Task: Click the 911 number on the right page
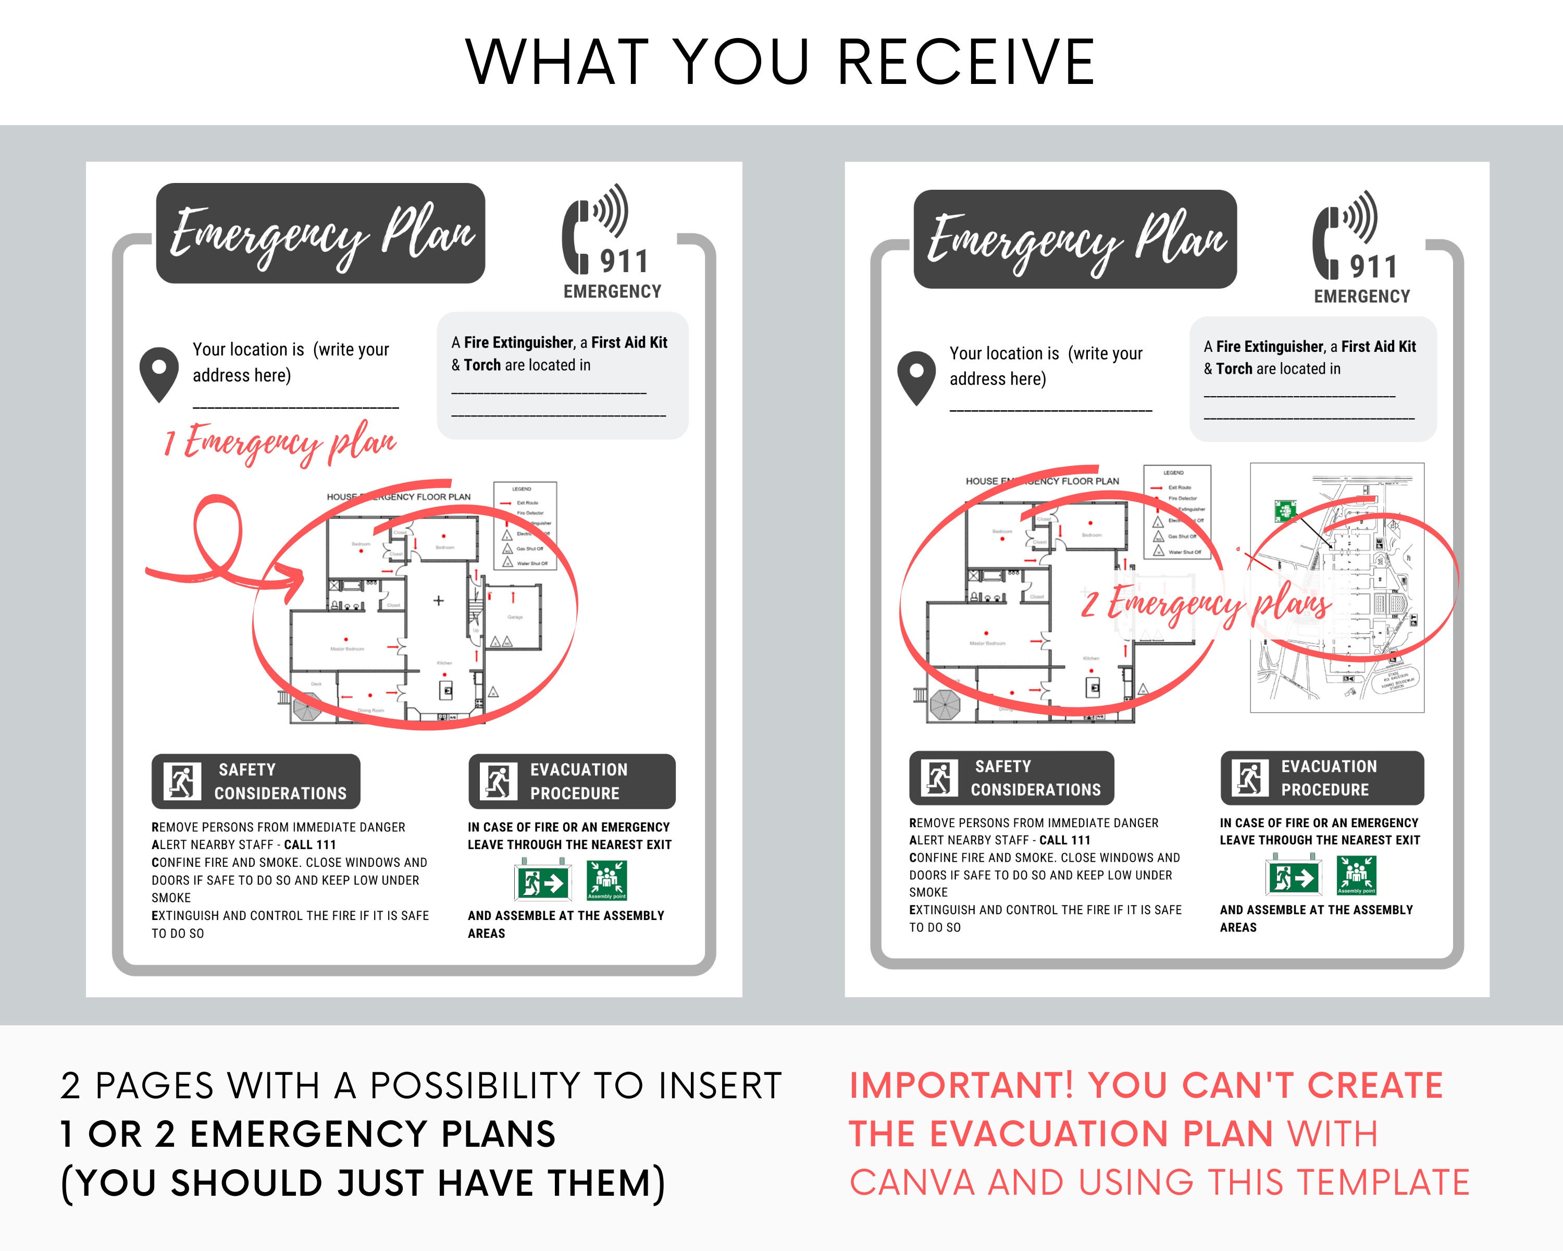pos(1372,266)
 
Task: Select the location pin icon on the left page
pos(159,374)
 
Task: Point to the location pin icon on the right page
pos(916,377)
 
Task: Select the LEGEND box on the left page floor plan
pos(525,526)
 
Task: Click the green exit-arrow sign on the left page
pos(543,882)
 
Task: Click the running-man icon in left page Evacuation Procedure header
pos(499,781)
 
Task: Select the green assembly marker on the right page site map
pos(1285,510)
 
